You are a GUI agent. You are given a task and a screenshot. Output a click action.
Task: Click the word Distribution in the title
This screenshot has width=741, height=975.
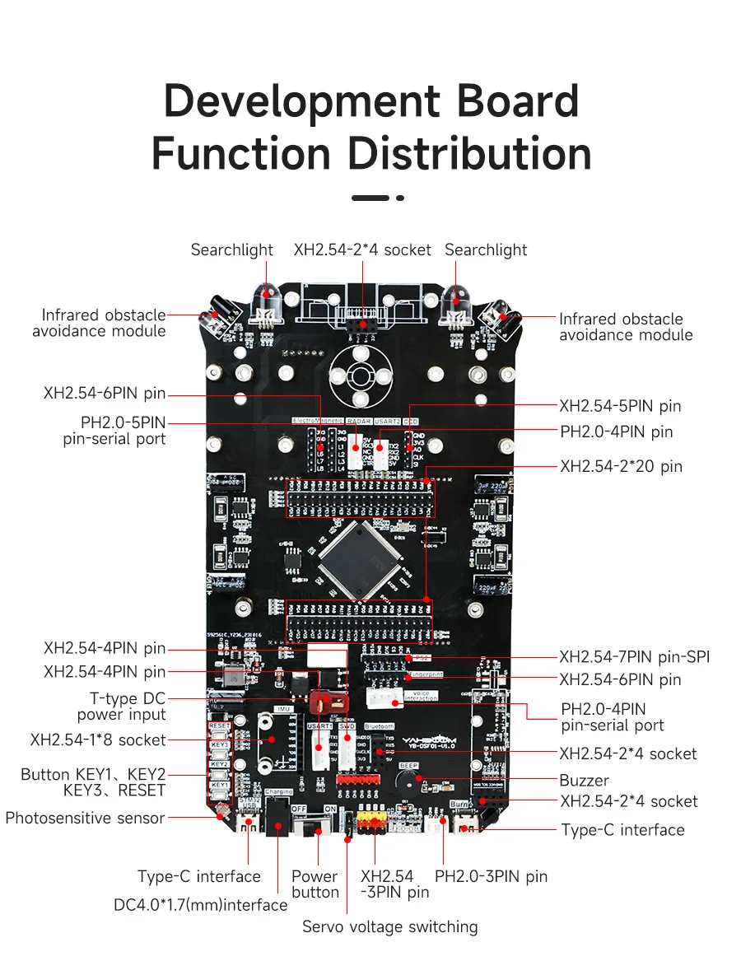click(x=468, y=154)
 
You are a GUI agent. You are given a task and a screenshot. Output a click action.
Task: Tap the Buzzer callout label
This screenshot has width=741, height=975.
click(x=584, y=780)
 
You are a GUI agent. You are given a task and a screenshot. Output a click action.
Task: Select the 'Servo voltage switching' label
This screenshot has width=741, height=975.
click(x=389, y=926)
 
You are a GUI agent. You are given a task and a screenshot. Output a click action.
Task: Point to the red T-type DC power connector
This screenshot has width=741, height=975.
click(x=329, y=701)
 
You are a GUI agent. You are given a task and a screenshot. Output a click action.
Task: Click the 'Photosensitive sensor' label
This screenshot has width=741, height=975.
click(x=85, y=818)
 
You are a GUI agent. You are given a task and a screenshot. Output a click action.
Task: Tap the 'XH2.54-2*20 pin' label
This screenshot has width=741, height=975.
click(x=621, y=467)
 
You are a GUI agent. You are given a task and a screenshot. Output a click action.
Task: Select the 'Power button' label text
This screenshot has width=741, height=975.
click(x=315, y=884)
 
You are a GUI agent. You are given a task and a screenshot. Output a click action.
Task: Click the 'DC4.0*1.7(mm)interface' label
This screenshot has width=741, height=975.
click(x=200, y=905)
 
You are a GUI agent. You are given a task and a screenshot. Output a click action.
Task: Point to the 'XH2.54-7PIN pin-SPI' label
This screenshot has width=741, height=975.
click(x=634, y=656)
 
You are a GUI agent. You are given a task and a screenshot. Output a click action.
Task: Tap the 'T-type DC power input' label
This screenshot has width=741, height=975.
click(x=121, y=707)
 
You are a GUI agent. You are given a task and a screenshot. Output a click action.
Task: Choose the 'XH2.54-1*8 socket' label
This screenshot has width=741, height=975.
click(x=98, y=739)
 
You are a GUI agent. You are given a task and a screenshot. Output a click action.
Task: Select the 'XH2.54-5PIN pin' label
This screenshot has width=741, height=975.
click(x=620, y=406)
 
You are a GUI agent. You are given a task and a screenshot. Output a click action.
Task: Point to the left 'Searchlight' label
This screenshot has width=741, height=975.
click(x=232, y=250)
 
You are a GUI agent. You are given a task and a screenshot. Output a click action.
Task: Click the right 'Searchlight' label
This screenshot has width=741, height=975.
click(x=486, y=250)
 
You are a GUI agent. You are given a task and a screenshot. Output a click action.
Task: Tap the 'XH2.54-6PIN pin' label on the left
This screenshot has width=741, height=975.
click(x=105, y=394)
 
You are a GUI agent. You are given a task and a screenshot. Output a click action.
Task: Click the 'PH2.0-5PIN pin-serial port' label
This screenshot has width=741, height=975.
click(x=115, y=431)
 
